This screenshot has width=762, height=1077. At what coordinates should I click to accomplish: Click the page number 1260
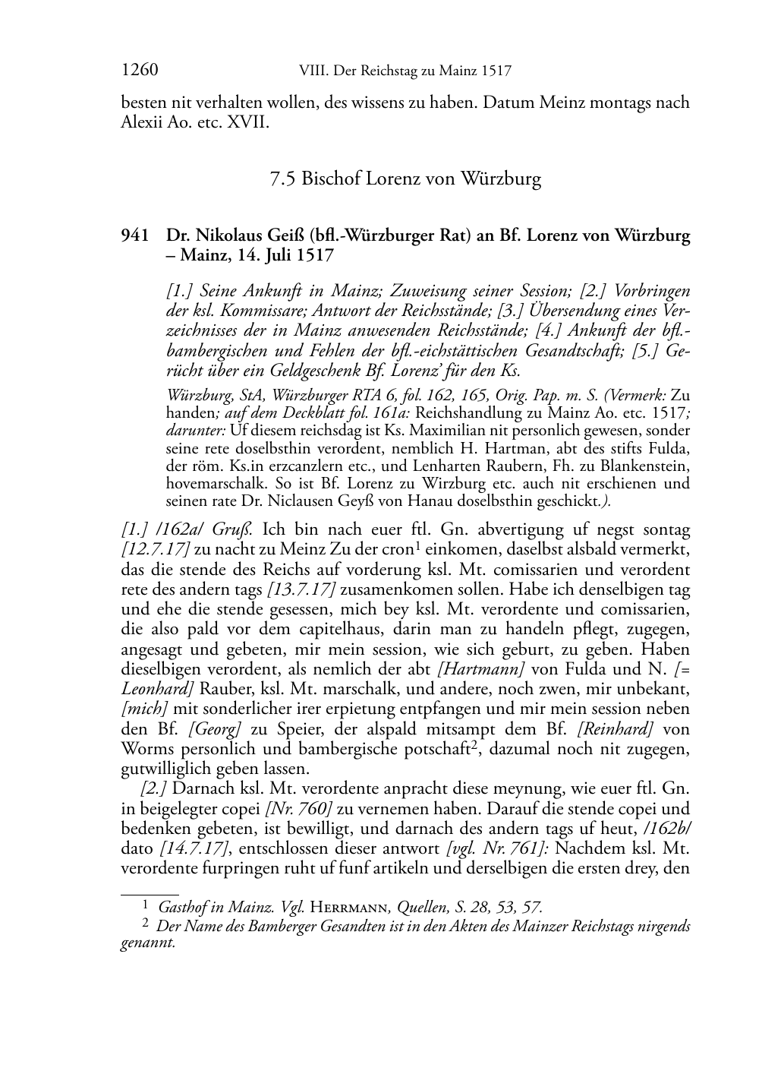[139, 71]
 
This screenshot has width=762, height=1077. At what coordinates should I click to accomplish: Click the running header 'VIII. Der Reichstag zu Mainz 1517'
[406, 71]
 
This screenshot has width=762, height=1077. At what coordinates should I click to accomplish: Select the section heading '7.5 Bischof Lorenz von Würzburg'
[405, 179]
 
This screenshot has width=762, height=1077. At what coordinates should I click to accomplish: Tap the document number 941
[134, 235]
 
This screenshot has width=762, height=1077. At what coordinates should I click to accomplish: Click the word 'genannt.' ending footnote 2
[148, 943]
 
